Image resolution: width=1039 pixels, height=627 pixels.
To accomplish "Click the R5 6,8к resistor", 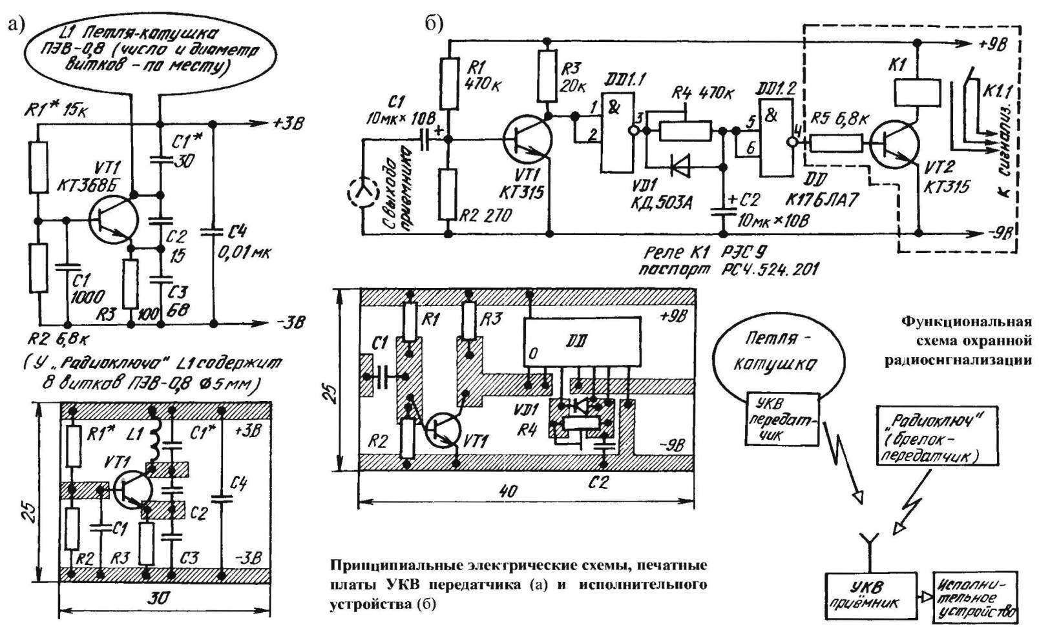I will click(x=835, y=143).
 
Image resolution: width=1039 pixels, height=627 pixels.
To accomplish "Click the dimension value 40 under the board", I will click(x=509, y=491).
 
